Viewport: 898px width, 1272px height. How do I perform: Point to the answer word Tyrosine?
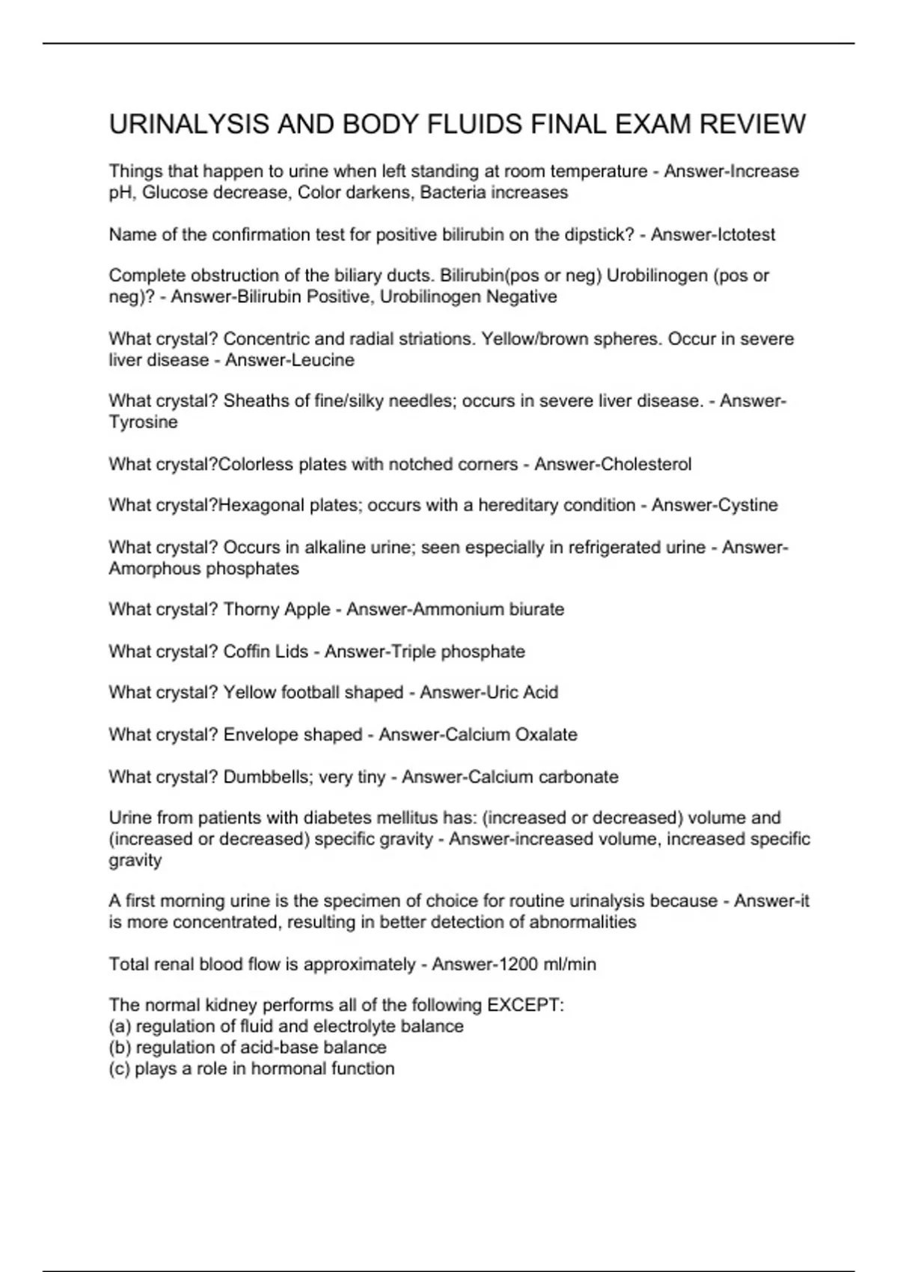click(144, 422)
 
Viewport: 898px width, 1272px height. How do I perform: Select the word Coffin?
click(247, 652)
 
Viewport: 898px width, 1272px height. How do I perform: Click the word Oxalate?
click(546, 735)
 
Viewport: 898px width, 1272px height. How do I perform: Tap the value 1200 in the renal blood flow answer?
click(510, 964)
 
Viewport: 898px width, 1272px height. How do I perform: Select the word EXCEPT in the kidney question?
click(525, 1005)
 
